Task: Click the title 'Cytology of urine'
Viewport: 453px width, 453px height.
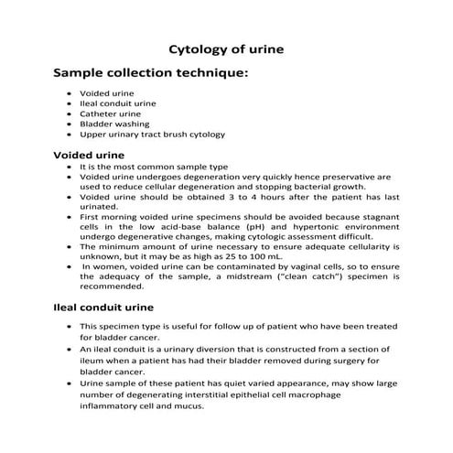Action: pyautogui.click(x=227, y=47)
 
